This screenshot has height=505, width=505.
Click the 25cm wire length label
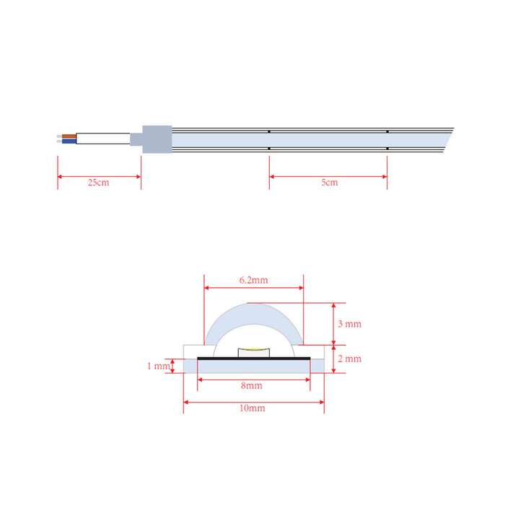[99, 183]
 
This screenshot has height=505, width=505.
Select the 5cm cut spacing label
[329, 183]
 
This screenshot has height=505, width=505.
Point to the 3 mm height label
[349, 324]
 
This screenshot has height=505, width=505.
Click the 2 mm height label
[349, 359]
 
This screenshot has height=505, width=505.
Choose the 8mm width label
[252, 386]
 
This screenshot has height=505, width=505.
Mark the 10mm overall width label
[252, 408]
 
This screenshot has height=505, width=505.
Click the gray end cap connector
[156, 139]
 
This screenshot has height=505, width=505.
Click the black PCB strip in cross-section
[253, 358]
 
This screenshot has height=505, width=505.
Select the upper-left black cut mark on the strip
[269, 131]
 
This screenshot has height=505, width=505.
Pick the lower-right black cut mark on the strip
[387, 149]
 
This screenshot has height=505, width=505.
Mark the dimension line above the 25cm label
[99, 175]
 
